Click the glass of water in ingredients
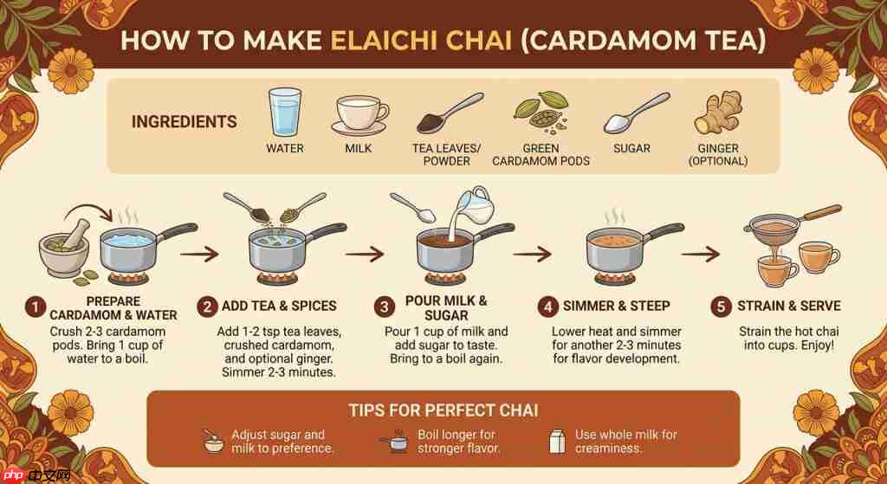coord(284,112)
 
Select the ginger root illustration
coord(718,112)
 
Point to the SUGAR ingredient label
coord(631,148)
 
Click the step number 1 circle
coord(35,308)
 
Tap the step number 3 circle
coord(385,307)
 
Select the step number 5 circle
coord(720,307)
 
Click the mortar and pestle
coord(66,248)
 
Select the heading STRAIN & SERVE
coord(788,306)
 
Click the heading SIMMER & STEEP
coord(616,306)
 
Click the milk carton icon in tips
coord(557,441)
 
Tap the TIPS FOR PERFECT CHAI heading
coord(443,410)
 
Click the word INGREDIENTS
coord(185,121)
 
